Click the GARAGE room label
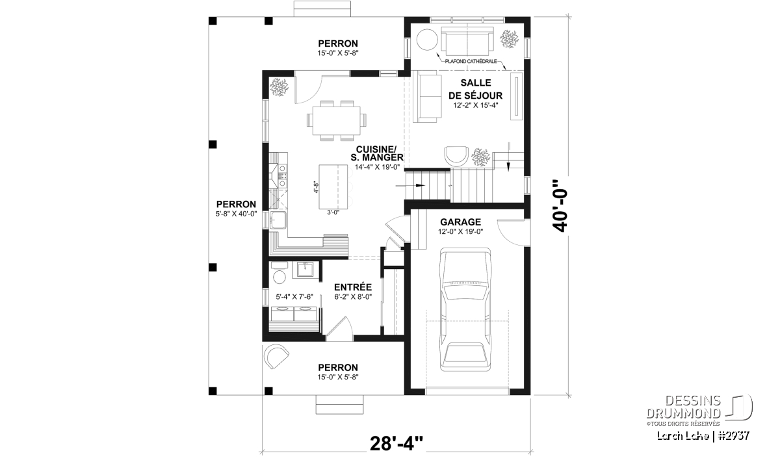460,222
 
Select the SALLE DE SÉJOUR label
475,89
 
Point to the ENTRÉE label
353,287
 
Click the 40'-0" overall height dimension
560,206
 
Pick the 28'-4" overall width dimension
396,443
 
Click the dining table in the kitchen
337,120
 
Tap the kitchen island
333,187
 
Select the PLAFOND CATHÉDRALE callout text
471,61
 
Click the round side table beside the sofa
427,40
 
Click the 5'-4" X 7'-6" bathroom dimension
294,297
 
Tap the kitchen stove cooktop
282,175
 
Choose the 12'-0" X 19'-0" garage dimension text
460,231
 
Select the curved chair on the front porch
276,356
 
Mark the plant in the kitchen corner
279,87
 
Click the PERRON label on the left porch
236,205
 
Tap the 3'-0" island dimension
333,212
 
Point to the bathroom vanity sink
305,270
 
